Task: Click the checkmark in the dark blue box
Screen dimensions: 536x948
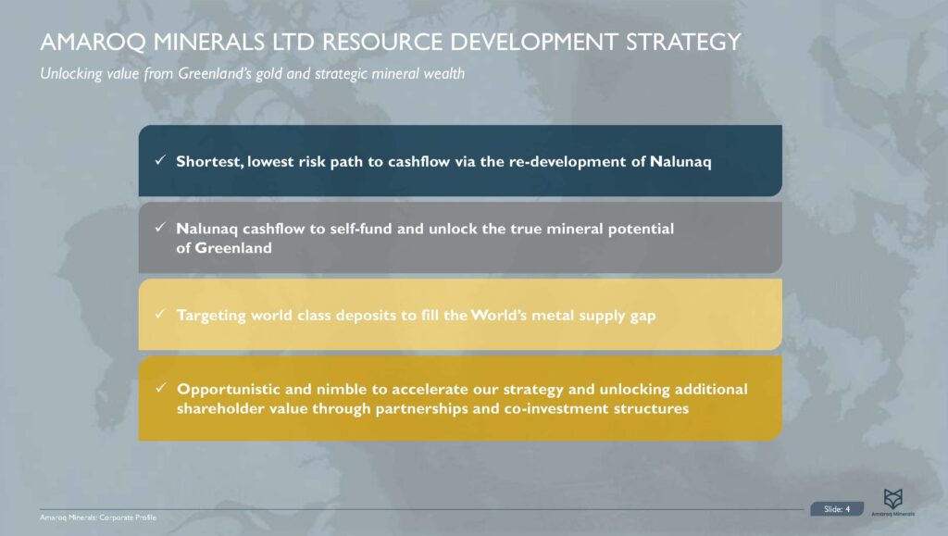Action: pyautogui.click(x=160, y=161)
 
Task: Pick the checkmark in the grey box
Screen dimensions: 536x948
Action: pyautogui.click(x=160, y=228)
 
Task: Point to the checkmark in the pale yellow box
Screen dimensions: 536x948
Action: pyautogui.click(x=160, y=316)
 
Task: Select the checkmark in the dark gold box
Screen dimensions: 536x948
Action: pyautogui.click(x=160, y=388)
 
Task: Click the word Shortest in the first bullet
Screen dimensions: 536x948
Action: pyautogui.click(x=210, y=161)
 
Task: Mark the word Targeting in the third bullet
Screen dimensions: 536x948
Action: pyautogui.click(x=211, y=316)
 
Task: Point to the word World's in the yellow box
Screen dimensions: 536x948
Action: pyautogui.click(x=499, y=316)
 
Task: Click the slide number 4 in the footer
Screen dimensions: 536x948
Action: pyautogui.click(x=847, y=508)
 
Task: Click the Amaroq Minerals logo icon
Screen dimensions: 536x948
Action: pyautogui.click(x=892, y=498)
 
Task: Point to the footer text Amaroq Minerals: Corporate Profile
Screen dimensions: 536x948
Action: pyautogui.click(x=91, y=516)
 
